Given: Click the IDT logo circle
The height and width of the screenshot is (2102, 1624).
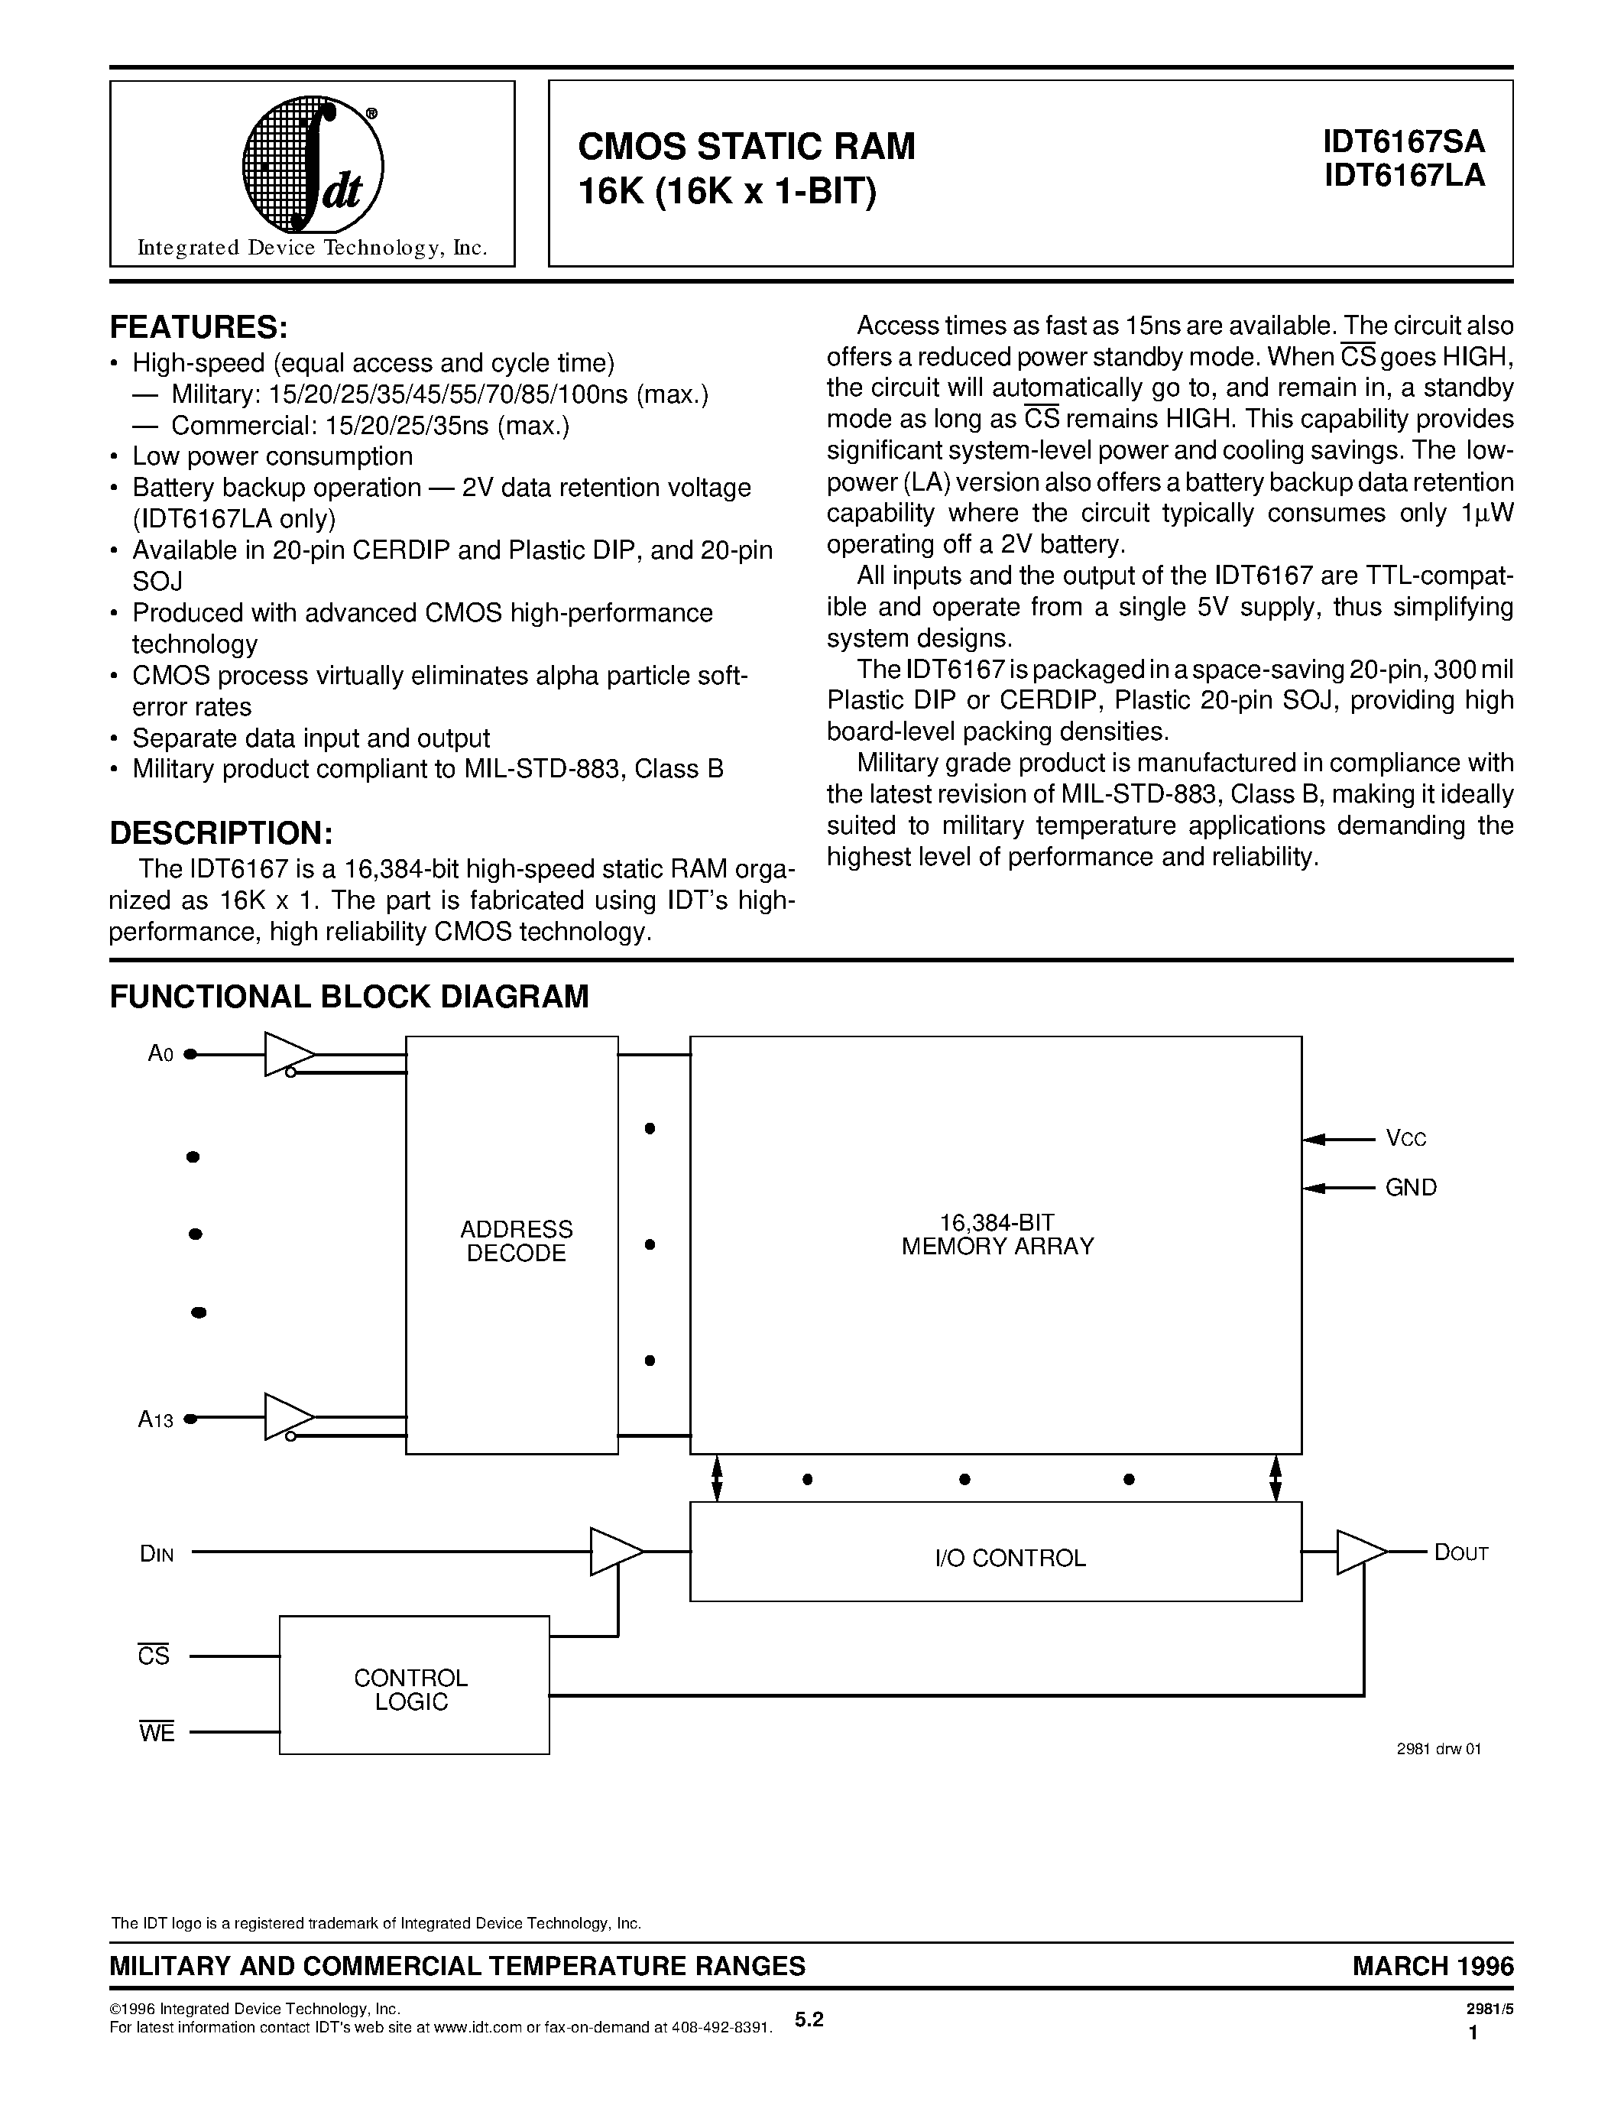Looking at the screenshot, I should pos(312,166).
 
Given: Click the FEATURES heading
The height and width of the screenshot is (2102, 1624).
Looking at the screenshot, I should pos(198,327).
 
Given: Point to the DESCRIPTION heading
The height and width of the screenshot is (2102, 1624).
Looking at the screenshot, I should pos(220,832).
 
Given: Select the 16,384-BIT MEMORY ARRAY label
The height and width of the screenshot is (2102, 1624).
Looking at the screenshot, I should pos(997,1234).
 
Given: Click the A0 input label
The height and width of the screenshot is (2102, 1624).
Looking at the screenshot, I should pos(160,1054).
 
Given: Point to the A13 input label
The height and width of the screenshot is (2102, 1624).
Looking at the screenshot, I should pos(156,1419).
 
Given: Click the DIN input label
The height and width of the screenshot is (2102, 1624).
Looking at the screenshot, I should pos(157,1552).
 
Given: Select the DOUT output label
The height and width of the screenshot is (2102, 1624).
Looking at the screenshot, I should pos(1460,1552).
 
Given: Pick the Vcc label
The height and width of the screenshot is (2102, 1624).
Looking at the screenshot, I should pos(1405,1139).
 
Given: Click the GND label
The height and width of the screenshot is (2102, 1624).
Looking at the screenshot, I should pos(1411,1188).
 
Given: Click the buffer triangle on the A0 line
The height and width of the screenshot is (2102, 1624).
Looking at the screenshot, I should pos(287,1054).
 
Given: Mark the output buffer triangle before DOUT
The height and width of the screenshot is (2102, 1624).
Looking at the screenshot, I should pos(1360,1552).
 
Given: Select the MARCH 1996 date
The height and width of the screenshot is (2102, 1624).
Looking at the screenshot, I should pos(1432,1966).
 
